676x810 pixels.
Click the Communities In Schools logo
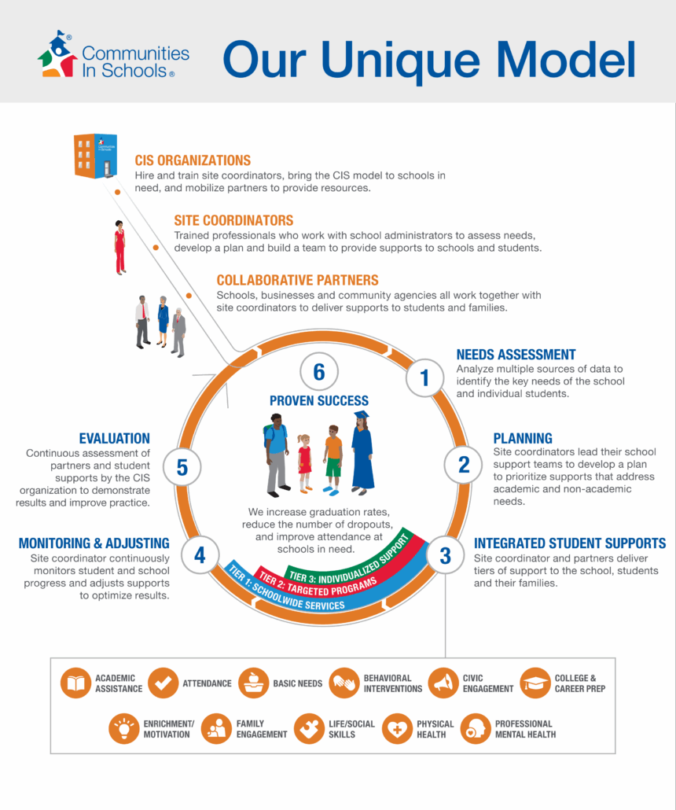point(114,55)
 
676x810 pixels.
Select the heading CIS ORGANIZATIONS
point(193,160)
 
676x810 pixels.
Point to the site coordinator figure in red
point(119,247)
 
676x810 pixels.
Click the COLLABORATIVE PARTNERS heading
point(297,280)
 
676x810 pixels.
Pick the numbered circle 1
point(424,378)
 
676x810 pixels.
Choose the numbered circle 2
point(464,464)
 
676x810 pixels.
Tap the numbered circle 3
point(445,555)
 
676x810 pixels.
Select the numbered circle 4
point(200,555)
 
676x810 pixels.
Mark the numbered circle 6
point(318,371)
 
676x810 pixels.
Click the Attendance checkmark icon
point(163,683)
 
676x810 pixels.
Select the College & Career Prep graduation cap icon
point(536,683)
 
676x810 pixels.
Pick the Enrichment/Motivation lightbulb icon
point(124,728)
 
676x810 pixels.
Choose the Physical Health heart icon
point(398,728)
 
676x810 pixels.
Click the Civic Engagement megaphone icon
point(444,683)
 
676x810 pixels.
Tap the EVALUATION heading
point(114,438)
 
